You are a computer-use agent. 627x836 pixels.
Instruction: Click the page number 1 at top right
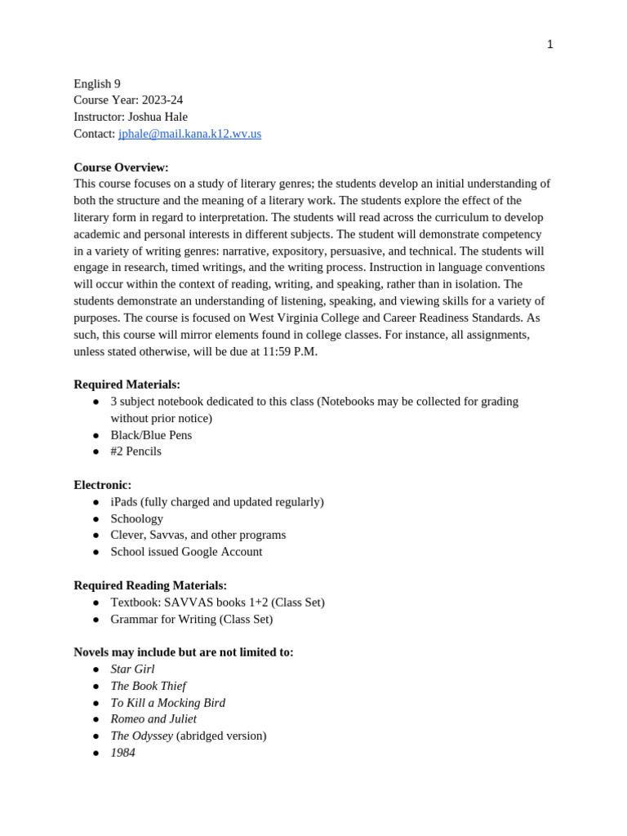click(549, 45)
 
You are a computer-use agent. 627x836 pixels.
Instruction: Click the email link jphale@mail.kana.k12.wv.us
click(189, 134)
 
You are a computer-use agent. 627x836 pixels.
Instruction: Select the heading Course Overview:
click(121, 167)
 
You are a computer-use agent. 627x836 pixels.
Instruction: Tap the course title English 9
click(97, 84)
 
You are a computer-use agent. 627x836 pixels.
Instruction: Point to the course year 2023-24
click(162, 100)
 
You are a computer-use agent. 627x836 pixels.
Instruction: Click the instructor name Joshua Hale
click(158, 117)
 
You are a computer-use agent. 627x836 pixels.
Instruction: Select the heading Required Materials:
click(127, 385)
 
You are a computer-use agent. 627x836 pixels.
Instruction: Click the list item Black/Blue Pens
click(151, 435)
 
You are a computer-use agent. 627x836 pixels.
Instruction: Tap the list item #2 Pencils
click(136, 451)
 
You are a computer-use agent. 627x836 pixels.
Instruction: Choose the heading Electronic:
click(102, 485)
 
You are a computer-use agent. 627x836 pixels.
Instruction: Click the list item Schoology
click(136, 518)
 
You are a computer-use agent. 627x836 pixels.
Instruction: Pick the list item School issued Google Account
click(186, 552)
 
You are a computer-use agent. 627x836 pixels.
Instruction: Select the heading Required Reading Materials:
click(150, 585)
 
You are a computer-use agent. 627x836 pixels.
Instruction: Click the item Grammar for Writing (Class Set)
click(191, 619)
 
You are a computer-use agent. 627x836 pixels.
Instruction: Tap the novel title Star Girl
click(132, 669)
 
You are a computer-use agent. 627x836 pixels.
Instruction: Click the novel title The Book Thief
click(148, 686)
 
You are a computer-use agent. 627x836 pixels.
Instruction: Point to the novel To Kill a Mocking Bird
click(167, 703)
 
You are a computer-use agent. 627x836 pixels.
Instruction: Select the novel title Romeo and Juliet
click(153, 719)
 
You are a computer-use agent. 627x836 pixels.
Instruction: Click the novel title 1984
click(122, 753)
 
